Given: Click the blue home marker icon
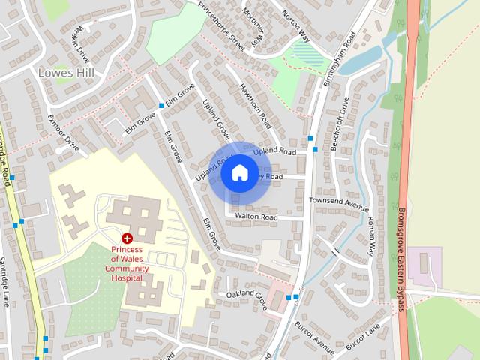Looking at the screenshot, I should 239,173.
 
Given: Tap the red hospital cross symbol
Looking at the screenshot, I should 127,238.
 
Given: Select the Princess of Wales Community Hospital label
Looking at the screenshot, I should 127,263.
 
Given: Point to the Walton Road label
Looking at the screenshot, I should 256,217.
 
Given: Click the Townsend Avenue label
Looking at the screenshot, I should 340,204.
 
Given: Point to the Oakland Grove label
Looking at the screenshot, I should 247,298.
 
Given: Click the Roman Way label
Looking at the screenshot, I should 370,234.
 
